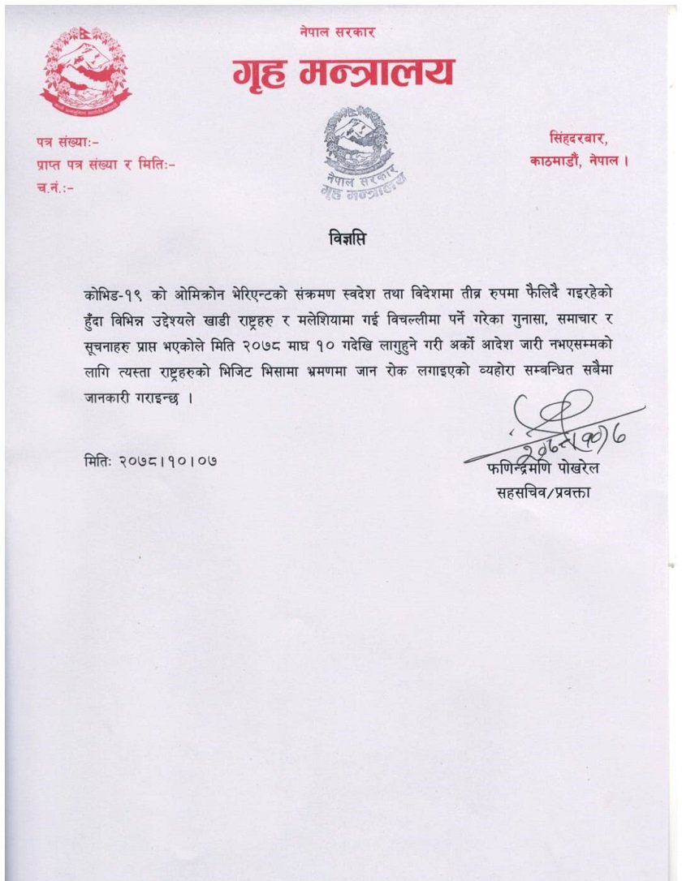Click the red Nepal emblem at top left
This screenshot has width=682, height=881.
pyautogui.click(x=85, y=72)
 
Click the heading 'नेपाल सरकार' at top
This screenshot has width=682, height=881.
pyautogui.click(x=336, y=32)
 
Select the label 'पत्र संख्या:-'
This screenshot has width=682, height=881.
pyautogui.click(x=67, y=143)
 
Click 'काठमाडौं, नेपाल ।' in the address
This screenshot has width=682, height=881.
pyautogui.click(x=579, y=161)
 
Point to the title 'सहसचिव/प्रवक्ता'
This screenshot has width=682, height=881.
pyautogui.click(x=542, y=492)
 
